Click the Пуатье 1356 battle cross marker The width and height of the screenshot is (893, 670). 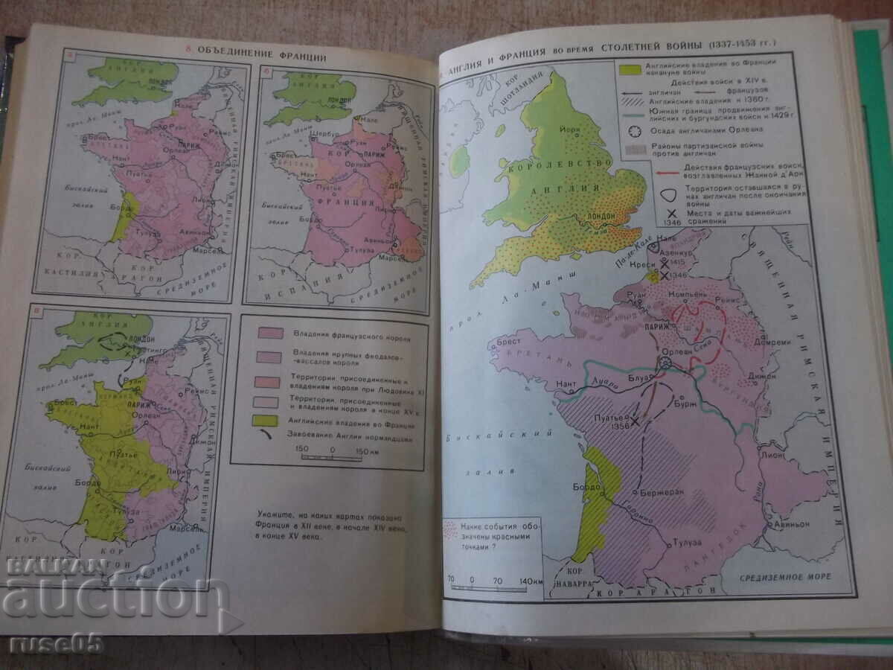tap(636, 421)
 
